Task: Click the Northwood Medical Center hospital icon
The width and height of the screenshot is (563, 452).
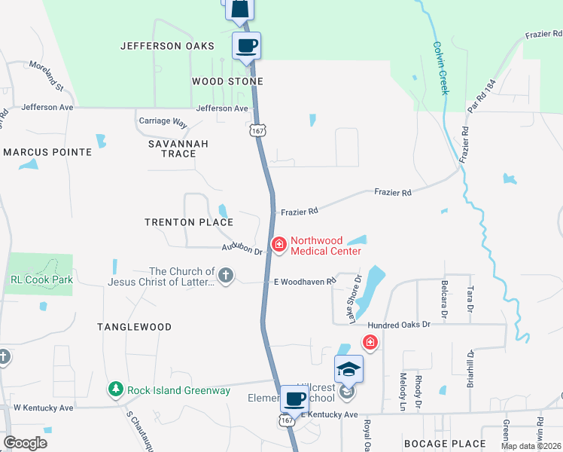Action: pyautogui.click(x=279, y=244)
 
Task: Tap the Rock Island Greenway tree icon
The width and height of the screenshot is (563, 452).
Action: pyautogui.click(x=115, y=389)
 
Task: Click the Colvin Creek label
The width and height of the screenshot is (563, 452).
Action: pyautogui.click(x=440, y=67)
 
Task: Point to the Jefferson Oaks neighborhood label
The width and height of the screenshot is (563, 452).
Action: pyautogui.click(x=162, y=46)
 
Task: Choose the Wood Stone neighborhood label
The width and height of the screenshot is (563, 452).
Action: pyautogui.click(x=227, y=81)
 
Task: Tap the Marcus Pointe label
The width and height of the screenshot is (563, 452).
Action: pyautogui.click(x=47, y=152)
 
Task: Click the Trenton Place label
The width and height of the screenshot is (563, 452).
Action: pyautogui.click(x=189, y=222)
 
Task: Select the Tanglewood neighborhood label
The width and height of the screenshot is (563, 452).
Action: pyautogui.click(x=134, y=327)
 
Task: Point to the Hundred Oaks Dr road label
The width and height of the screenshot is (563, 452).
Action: pyautogui.click(x=398, y=324)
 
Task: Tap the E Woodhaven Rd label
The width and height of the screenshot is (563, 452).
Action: pyautogui.click(x=303, y=282)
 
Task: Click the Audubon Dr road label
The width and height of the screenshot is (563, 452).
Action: pyautogui.click(x=242, y=249)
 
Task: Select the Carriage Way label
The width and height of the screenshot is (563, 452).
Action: pyautogui.click(x=163, y=121)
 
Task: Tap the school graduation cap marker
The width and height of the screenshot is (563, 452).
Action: pyautogui.click(x=349, y=368)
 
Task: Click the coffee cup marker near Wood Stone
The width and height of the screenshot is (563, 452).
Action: pyautogui.click(x=247, y=45)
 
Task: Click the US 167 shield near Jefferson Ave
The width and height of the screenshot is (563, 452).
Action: pyautogui.click(x=258, y=130)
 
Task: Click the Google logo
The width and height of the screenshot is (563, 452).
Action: pyautogui.click(x=26, y=442)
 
